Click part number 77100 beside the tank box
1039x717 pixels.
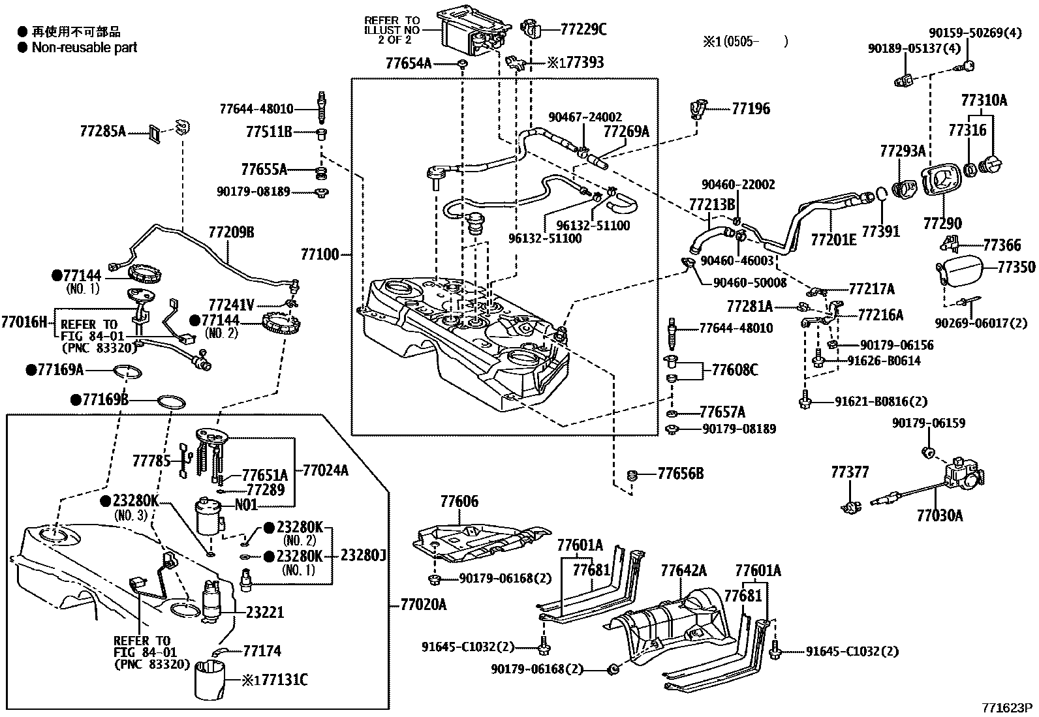click(320, 254)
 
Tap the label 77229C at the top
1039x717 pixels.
click(583, 29)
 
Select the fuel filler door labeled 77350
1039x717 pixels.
click(963, 268)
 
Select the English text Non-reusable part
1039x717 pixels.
click(84, 47)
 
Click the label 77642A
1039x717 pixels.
click(683, 571)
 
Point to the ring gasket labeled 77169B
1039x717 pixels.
click(171, 401)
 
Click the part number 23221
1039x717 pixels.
click(265, 612)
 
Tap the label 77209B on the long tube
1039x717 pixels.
click(231, 232)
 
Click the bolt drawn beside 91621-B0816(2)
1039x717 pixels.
click(805, 399)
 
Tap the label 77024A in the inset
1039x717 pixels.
click(324, 469)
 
